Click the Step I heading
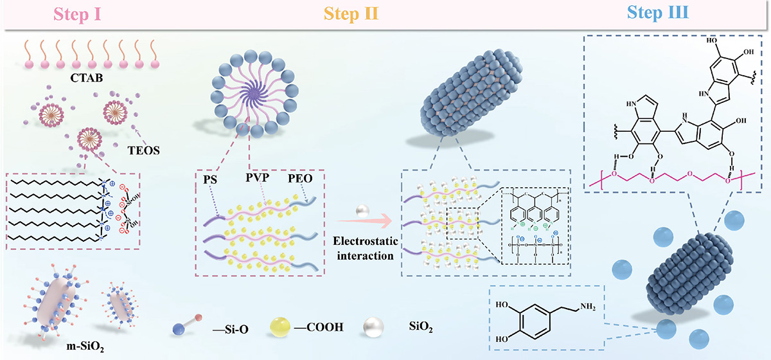[x=94, y=14]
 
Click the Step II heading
[x=353, y=14]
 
